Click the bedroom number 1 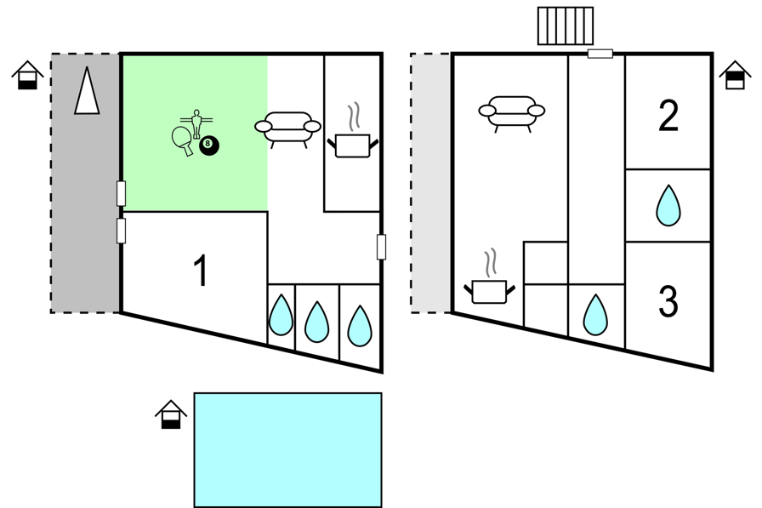(x=200, y=271)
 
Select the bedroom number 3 (x=668, y=301)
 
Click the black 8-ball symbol (x=209, y=146)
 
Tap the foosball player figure (x=196, y=124)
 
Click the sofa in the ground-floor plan (x=287, y=128)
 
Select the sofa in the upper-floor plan (x=512, y=113)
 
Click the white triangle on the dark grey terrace (x=87, y=90)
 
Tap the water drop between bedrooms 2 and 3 (x=668, y=205)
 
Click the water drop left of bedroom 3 (x=595, y=315)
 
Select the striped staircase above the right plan (x=566, y=26)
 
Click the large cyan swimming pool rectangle (x=287, y=450)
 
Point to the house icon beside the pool (x=171, y=414)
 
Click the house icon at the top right (x=736, y=75)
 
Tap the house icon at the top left (x=28, y=75)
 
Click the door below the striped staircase (x=600, y=54)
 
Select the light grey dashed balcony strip (x=431, y=183)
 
